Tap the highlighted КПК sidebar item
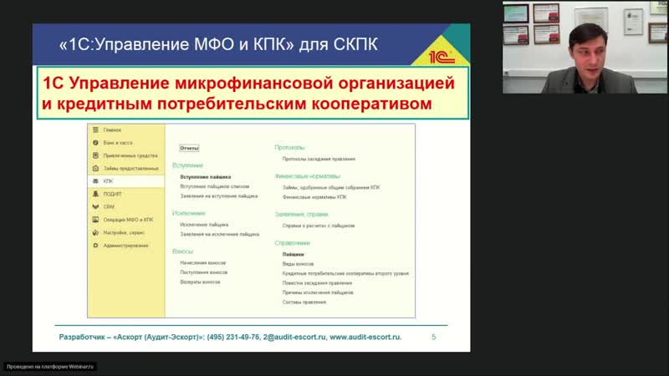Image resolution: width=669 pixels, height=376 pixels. (x=108, y=180)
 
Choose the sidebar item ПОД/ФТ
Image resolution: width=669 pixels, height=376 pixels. (x=112, y=194)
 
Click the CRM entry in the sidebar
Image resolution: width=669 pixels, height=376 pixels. (x=109, y=206)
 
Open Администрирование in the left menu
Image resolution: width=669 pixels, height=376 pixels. (x=125, y=245)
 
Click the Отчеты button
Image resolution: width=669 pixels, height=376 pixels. (x=190, y=148)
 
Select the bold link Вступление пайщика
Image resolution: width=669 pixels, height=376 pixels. (x=205, y=176)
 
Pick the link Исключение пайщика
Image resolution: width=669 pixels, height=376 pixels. (x=204, y=225)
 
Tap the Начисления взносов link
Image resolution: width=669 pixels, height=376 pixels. (x=203, y=263)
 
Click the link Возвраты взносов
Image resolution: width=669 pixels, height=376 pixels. (x=201, y=282)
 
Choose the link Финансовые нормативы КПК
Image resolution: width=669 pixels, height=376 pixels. (x=314, y=197)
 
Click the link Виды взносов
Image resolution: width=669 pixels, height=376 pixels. (x=299, y=263)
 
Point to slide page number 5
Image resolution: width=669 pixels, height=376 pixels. (x=433, y=337)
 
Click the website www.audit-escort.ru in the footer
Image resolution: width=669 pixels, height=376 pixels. (x=365, y=337)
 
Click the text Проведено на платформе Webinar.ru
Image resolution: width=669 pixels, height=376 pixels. (x=51, y=366)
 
